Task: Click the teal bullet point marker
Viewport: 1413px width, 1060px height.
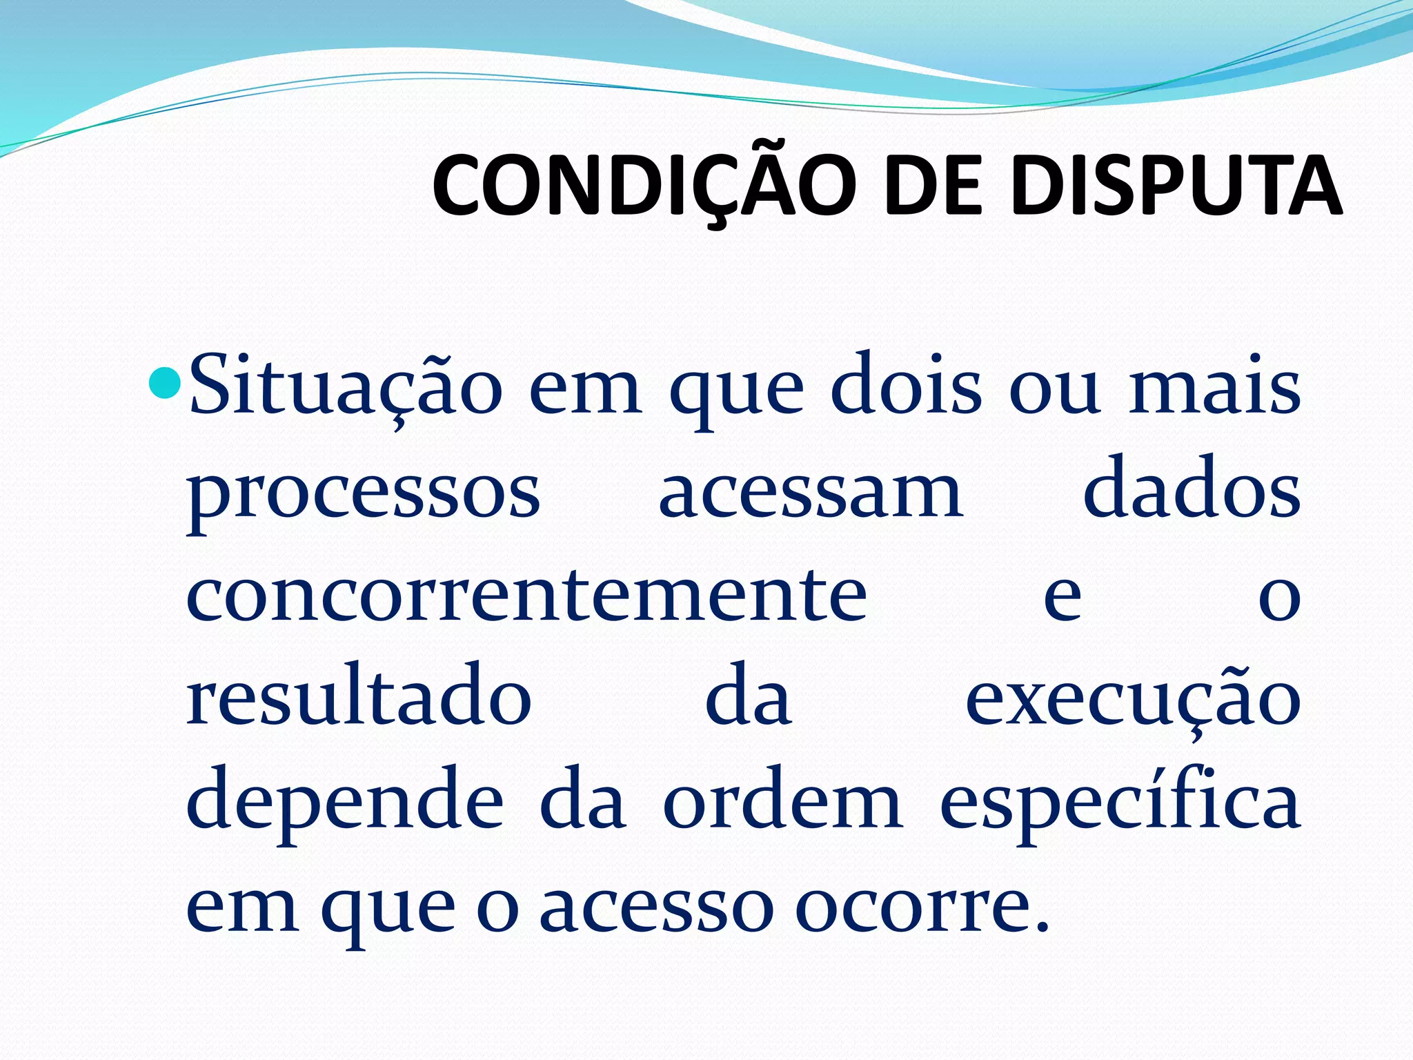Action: (x=164, y=383)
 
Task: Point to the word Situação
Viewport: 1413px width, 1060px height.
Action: (x=345, y=386)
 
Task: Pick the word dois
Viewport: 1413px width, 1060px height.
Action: (x=905, y=386)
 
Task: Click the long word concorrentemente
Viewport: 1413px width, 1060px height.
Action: (x=526, y=593)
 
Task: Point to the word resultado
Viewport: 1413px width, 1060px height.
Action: (x=359, y=697)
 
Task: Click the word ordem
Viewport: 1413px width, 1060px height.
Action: (x=782, y=801)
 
